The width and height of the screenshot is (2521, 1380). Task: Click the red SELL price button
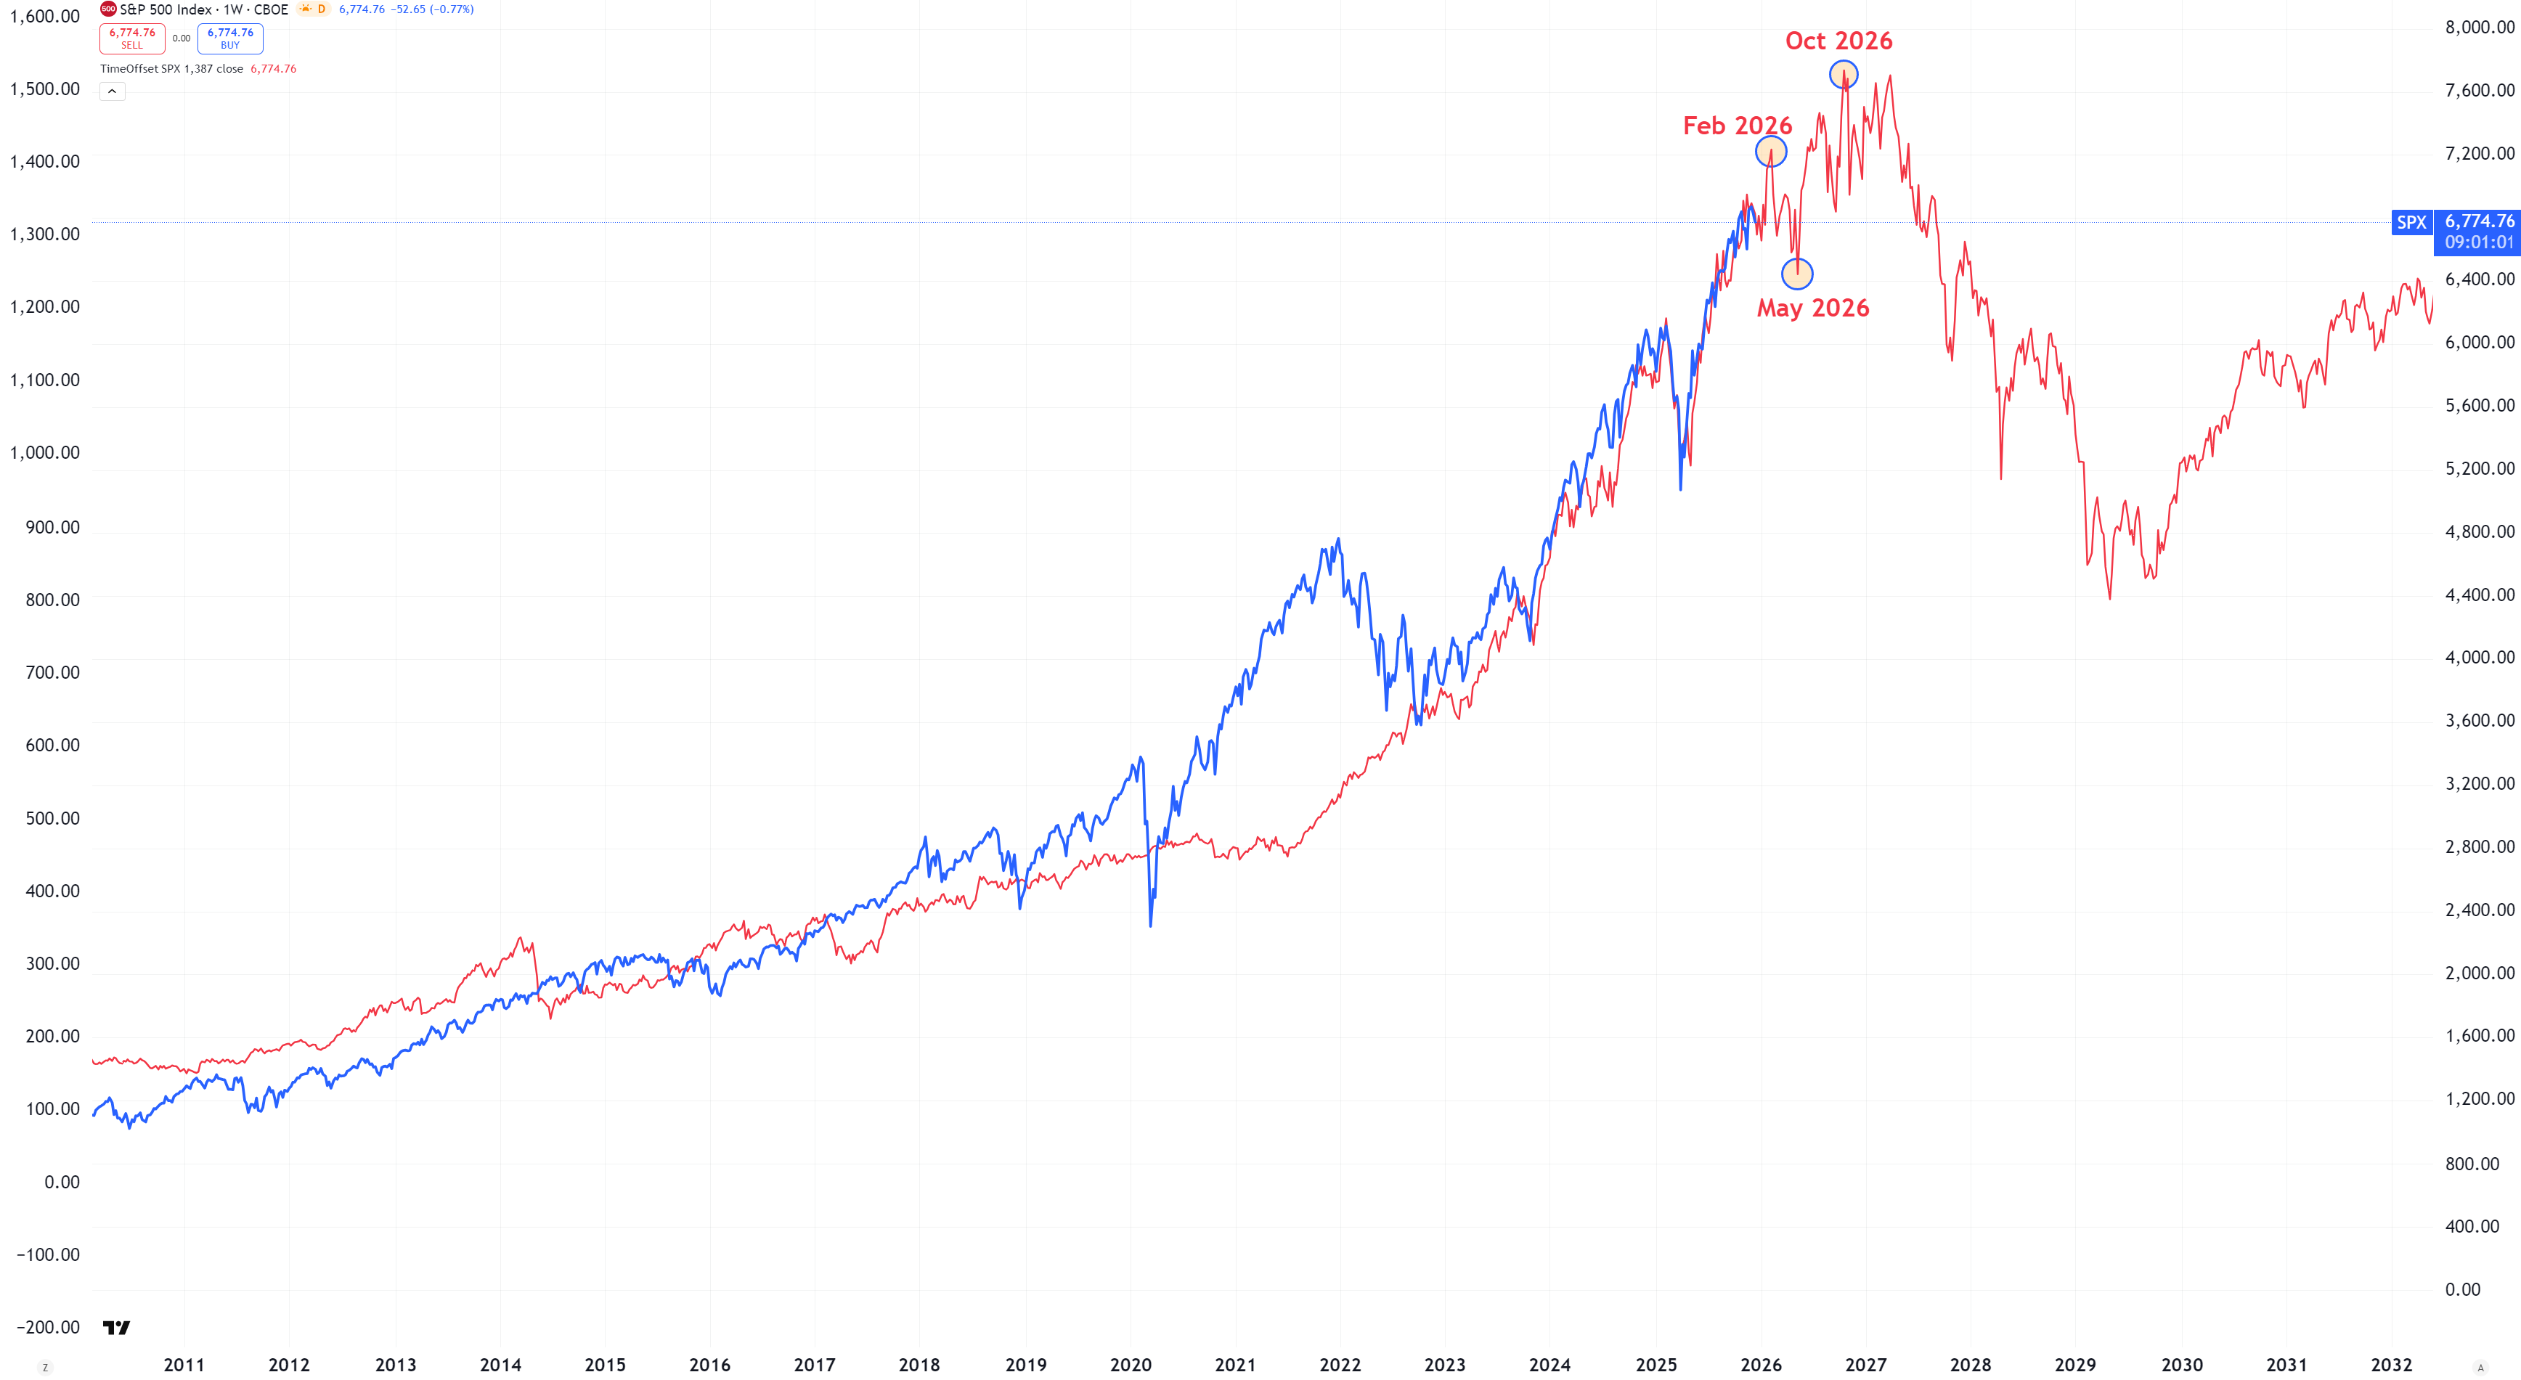click(x=132, y=38)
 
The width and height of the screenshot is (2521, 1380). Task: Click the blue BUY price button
click(x=230, y=38)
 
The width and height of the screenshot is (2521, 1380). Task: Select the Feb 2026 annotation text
click(x=1737, y=126)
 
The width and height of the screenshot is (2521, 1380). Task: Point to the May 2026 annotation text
click(x=1812, y=309)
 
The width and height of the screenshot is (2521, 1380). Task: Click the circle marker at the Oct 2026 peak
click(x=1844, y=74)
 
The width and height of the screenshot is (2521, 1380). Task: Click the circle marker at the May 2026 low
click(x=1797, y=274)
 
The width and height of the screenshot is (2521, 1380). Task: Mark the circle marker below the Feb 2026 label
click(x=1770, y=152)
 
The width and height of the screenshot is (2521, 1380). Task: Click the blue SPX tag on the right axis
click(x=2411, y=223)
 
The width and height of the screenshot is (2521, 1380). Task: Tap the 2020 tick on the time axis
click(x=1131, y=1364)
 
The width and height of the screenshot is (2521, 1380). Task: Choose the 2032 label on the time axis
click(x=2391, y=1364)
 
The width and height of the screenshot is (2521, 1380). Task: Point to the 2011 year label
click(x=184, y=1364)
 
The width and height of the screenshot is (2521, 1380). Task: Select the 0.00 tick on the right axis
click(x=2462, y=1290)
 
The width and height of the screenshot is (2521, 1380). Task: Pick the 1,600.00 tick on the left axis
click(x=45, y=17)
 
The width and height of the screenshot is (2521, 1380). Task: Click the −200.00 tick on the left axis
click(x=48, y=1327)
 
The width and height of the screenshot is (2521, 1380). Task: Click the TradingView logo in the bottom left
click(x=116, y=1327)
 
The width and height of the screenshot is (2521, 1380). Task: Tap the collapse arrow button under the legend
click(x=113, y=91)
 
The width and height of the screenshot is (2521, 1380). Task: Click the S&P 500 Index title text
click(x=166, y=9)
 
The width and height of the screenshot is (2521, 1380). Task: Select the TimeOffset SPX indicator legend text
click(x=171, y=68)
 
